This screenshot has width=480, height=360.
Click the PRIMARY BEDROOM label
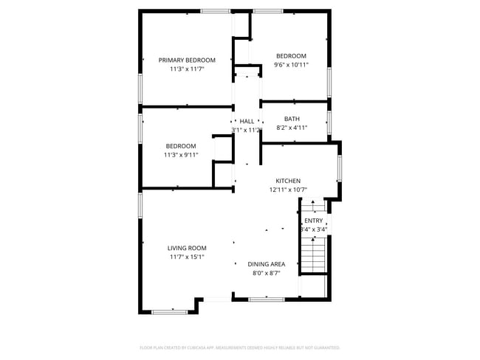[187, 60]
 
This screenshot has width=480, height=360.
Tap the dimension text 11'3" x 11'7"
[187, 69]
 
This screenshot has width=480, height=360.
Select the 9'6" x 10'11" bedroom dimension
[292, 65]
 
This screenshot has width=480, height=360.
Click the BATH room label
[292, 119]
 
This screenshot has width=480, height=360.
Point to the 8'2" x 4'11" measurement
[292, 128]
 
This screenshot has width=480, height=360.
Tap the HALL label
[247, 121]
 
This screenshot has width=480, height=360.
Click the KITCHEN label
[288, 181]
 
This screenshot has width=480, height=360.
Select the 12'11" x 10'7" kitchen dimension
[288, 190]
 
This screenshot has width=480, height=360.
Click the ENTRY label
[314, 221]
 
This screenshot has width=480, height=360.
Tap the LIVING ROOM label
[187, 248]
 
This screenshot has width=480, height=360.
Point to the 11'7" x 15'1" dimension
[187, 257]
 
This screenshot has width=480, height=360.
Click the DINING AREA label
[267, 264]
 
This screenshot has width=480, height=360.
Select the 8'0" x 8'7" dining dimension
[267, 273]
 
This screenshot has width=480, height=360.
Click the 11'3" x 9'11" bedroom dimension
[181, 155]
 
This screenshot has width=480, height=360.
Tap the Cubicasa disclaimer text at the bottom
[240, 347]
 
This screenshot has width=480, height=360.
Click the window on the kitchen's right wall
[340, 167]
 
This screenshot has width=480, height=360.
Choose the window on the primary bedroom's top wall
[215, 10]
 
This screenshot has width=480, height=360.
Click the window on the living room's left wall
[140, 204]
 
